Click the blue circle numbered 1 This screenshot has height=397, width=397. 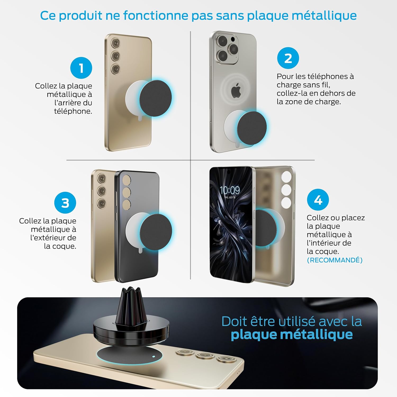point(81,68)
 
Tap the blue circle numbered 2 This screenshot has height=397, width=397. point(288,58)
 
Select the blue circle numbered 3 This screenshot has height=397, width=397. point(65,203)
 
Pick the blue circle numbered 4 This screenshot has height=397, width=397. point(318,200)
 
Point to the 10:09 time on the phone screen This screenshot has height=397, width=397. point(230,190)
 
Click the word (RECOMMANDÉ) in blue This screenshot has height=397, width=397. point(335,260)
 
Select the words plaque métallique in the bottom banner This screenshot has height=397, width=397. point(292,335)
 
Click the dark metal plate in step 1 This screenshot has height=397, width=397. point(156,98)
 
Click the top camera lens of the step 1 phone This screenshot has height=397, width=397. point(115,43)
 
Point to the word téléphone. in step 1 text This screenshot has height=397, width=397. point(73,111)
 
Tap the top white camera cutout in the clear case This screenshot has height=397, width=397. point(286,177)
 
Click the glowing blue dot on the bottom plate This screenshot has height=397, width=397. point(154,356)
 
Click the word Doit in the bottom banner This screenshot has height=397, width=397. point(232,322)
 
